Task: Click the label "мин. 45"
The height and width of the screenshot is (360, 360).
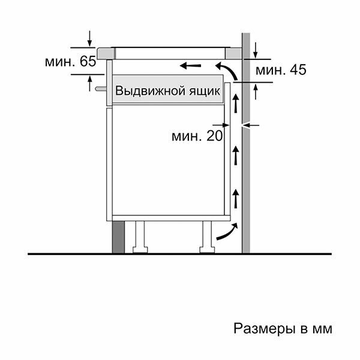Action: (x=281, y=71)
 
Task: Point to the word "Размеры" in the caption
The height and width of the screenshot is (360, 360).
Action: (x=259, y=329)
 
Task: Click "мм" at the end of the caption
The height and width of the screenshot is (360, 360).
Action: (x=322, y=329)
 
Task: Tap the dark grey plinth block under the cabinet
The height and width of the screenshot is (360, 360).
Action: (x=118, y=237)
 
